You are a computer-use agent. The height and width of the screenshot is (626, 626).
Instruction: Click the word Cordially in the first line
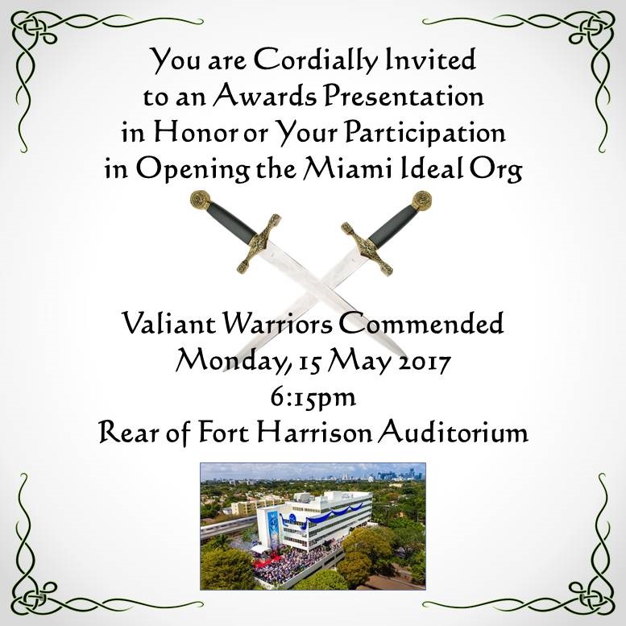[x=315, y=60]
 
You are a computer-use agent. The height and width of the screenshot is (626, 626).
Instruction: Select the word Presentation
[x=404, y=96]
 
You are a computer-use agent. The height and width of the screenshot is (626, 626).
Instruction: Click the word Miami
[x=347, y=168]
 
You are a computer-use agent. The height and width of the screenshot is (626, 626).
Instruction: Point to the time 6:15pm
[x=313, y=398]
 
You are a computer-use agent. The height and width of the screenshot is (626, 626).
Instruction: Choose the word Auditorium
[x=453, y=433]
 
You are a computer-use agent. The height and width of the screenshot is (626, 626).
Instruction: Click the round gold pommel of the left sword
[x=200, y=200]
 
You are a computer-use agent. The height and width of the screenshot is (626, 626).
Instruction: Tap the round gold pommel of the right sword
[x=422, y=200]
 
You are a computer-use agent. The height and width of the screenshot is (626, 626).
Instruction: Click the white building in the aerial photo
[x=314, y=519]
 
